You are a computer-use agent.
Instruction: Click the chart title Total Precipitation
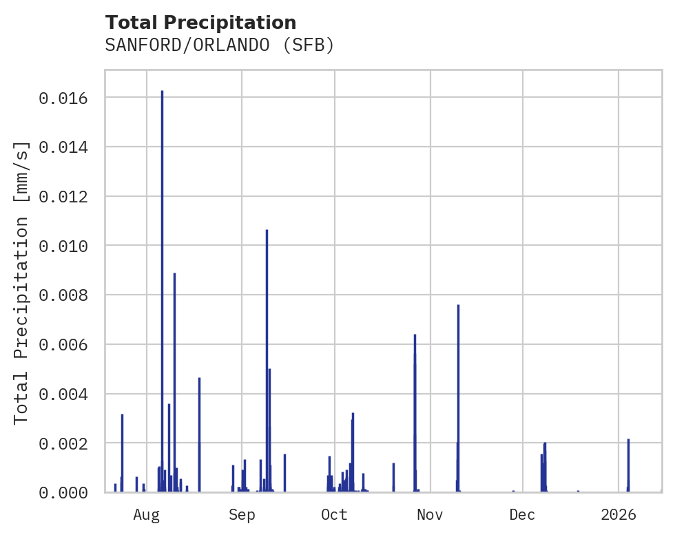(x=200, y=23)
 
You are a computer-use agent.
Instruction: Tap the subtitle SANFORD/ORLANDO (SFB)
(x=219, y=45)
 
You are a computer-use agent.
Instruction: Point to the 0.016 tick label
(x=63, y=98)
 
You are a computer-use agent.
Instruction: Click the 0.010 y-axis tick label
(x=63, y=246)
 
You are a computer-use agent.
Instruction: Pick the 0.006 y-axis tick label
(x=63, y=344)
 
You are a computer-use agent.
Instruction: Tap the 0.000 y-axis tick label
(x=63, y=492)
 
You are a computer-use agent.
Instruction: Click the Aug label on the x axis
(x=147, y=514)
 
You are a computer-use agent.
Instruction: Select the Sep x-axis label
(x=242, y=514)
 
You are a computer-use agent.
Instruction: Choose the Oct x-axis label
(x=335, y=514)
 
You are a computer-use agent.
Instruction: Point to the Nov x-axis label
(x=430, y=514)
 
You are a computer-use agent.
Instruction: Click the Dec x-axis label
(x=523, y=514)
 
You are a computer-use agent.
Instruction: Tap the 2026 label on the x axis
(x=619, y=514)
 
